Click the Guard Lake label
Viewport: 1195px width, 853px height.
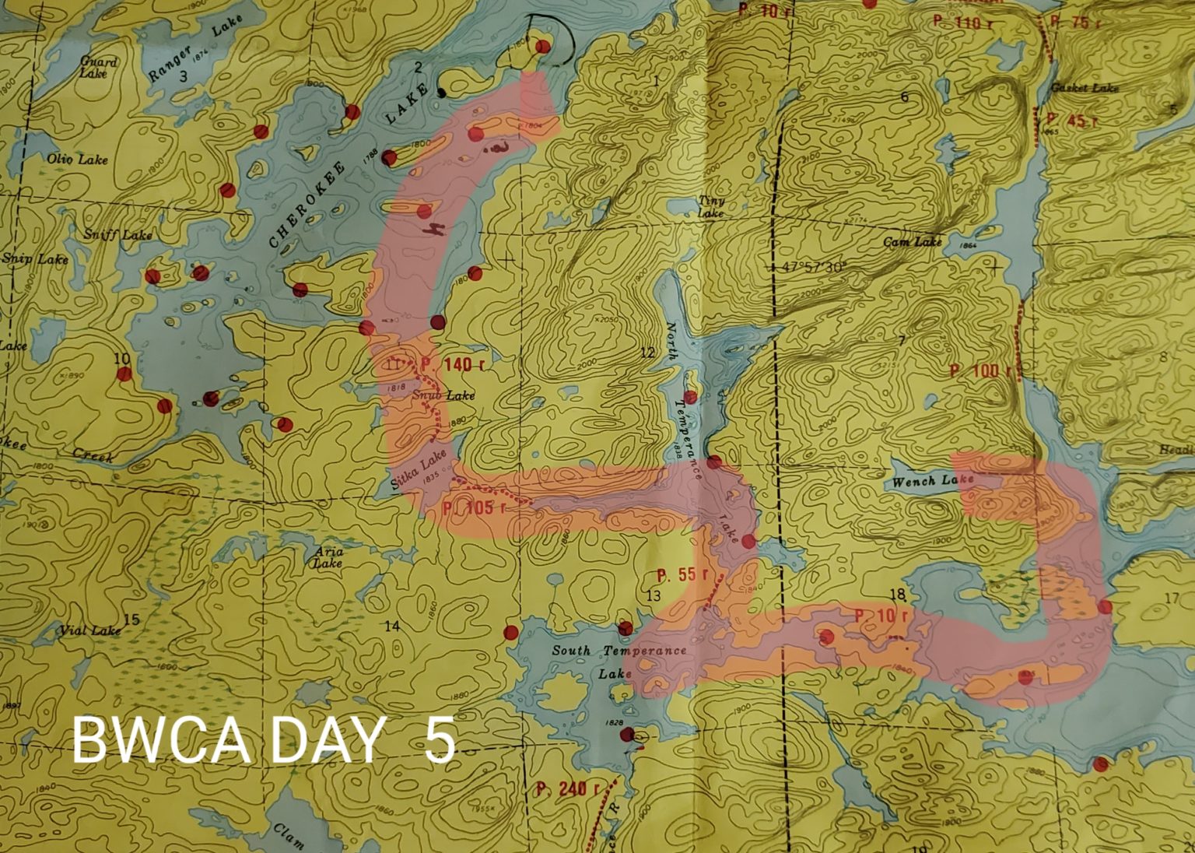(x=98, y=67)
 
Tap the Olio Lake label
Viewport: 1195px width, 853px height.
(x=77, y=160)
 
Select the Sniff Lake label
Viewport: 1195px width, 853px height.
(x=118, y=234)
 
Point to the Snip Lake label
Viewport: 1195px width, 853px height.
(x=35, y=258)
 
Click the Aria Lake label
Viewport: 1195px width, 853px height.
(x=328, y=557)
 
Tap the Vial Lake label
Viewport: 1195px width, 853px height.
(x=90, y=630)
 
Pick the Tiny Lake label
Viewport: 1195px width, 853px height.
(x=711, y=207)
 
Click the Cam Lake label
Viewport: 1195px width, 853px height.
(x=913, y=242)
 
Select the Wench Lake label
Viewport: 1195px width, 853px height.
(x=933, y=481)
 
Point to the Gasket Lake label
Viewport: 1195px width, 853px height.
(x=1085, y=89)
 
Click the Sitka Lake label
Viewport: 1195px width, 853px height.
(x=419, y=470)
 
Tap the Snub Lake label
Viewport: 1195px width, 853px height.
(x=443, y=395)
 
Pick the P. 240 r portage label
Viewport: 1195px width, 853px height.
(x=567, y=788)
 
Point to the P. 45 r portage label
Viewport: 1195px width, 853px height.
(x=1072, y=120)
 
